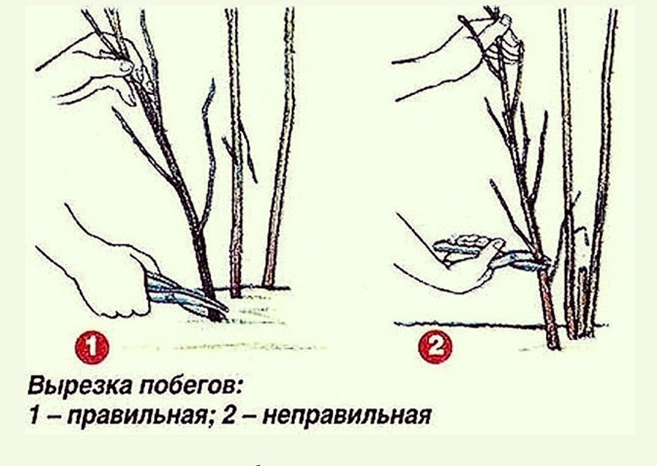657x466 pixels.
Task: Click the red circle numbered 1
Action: pyautogui.click(x=92, y=349)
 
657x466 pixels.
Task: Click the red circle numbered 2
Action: pyautogui.click(x=435, y=349)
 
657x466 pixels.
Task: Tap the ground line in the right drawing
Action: pyautogui.click(x=464, y=324)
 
